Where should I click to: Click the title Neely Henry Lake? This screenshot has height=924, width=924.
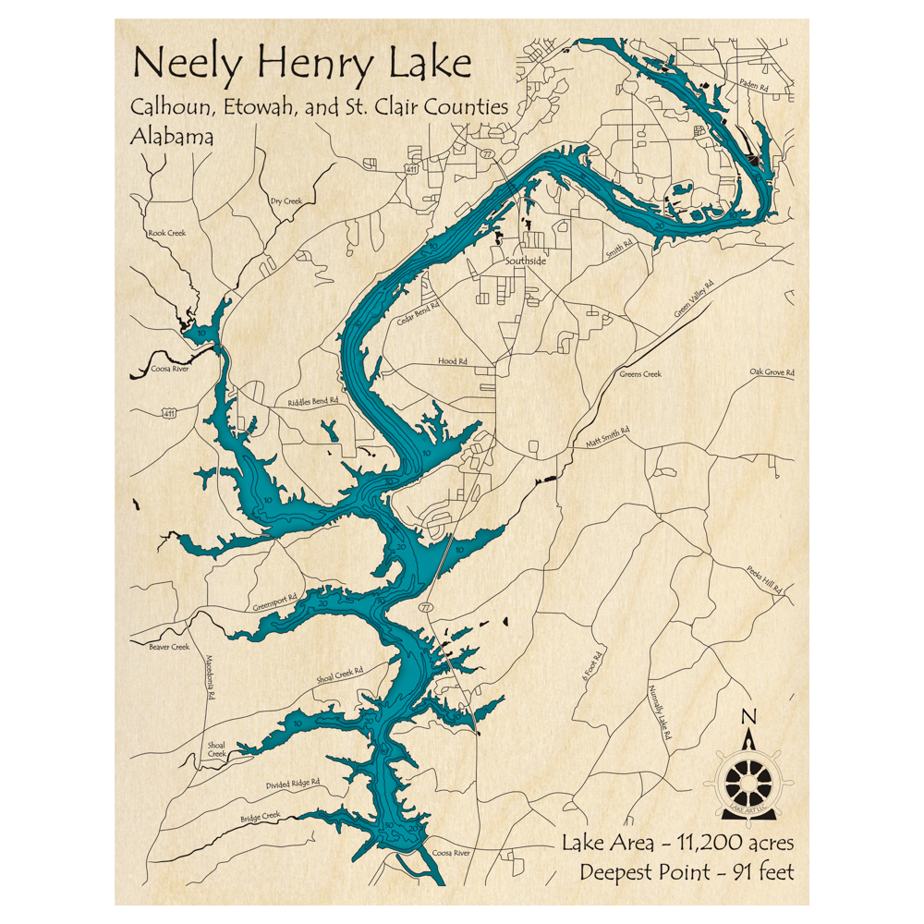(x=302, y=65)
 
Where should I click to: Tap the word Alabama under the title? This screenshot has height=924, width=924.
(x=173, y=136)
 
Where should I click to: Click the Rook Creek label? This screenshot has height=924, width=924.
(x=166, y=233)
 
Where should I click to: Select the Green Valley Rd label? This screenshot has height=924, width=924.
(x=694, y=299)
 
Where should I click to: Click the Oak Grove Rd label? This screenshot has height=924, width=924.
(x=772, y=372)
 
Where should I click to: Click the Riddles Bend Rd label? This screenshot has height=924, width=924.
(x=313, y=402)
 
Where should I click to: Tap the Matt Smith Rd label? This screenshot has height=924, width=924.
(x=607, y=438)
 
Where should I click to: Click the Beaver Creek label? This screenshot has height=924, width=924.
(x=168, y=647)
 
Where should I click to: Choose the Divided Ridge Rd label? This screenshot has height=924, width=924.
(x=292, y=784)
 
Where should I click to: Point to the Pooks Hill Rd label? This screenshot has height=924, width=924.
(x=764, y=577)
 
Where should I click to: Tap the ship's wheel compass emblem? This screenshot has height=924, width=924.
(x=748, y=782)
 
